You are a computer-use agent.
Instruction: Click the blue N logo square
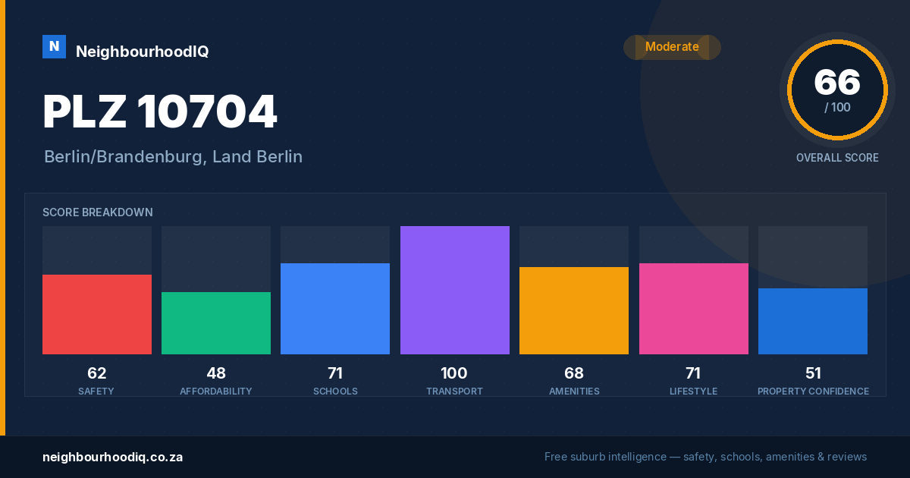[54, 47]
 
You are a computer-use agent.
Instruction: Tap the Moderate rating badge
[672, 47]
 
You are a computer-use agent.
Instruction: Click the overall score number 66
[837, 82]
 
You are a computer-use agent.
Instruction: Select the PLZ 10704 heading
[160, 112]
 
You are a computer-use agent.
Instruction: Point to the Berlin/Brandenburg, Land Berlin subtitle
[173, 156]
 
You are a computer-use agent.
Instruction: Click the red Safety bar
[97, 314]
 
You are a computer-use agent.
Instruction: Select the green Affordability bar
[216, 323]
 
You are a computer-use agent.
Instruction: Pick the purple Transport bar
[454, 290]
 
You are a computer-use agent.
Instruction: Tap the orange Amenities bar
[574, 310]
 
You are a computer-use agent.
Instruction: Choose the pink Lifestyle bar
[693, 309]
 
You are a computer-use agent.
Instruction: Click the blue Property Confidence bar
[813, 321]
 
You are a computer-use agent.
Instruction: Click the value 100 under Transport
[454, 373]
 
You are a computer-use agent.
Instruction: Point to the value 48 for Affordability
[216, 373]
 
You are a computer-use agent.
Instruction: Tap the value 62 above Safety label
[97, 373]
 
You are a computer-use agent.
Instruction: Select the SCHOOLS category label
[335, 391]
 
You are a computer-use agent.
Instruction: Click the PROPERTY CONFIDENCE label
[813, 391]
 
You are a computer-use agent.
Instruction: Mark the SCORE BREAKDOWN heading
[98, 212]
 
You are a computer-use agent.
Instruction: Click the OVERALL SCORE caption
[837, 158]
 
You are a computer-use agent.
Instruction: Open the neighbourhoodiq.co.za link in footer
[112, 458]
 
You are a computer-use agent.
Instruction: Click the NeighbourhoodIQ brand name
[143, 52]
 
